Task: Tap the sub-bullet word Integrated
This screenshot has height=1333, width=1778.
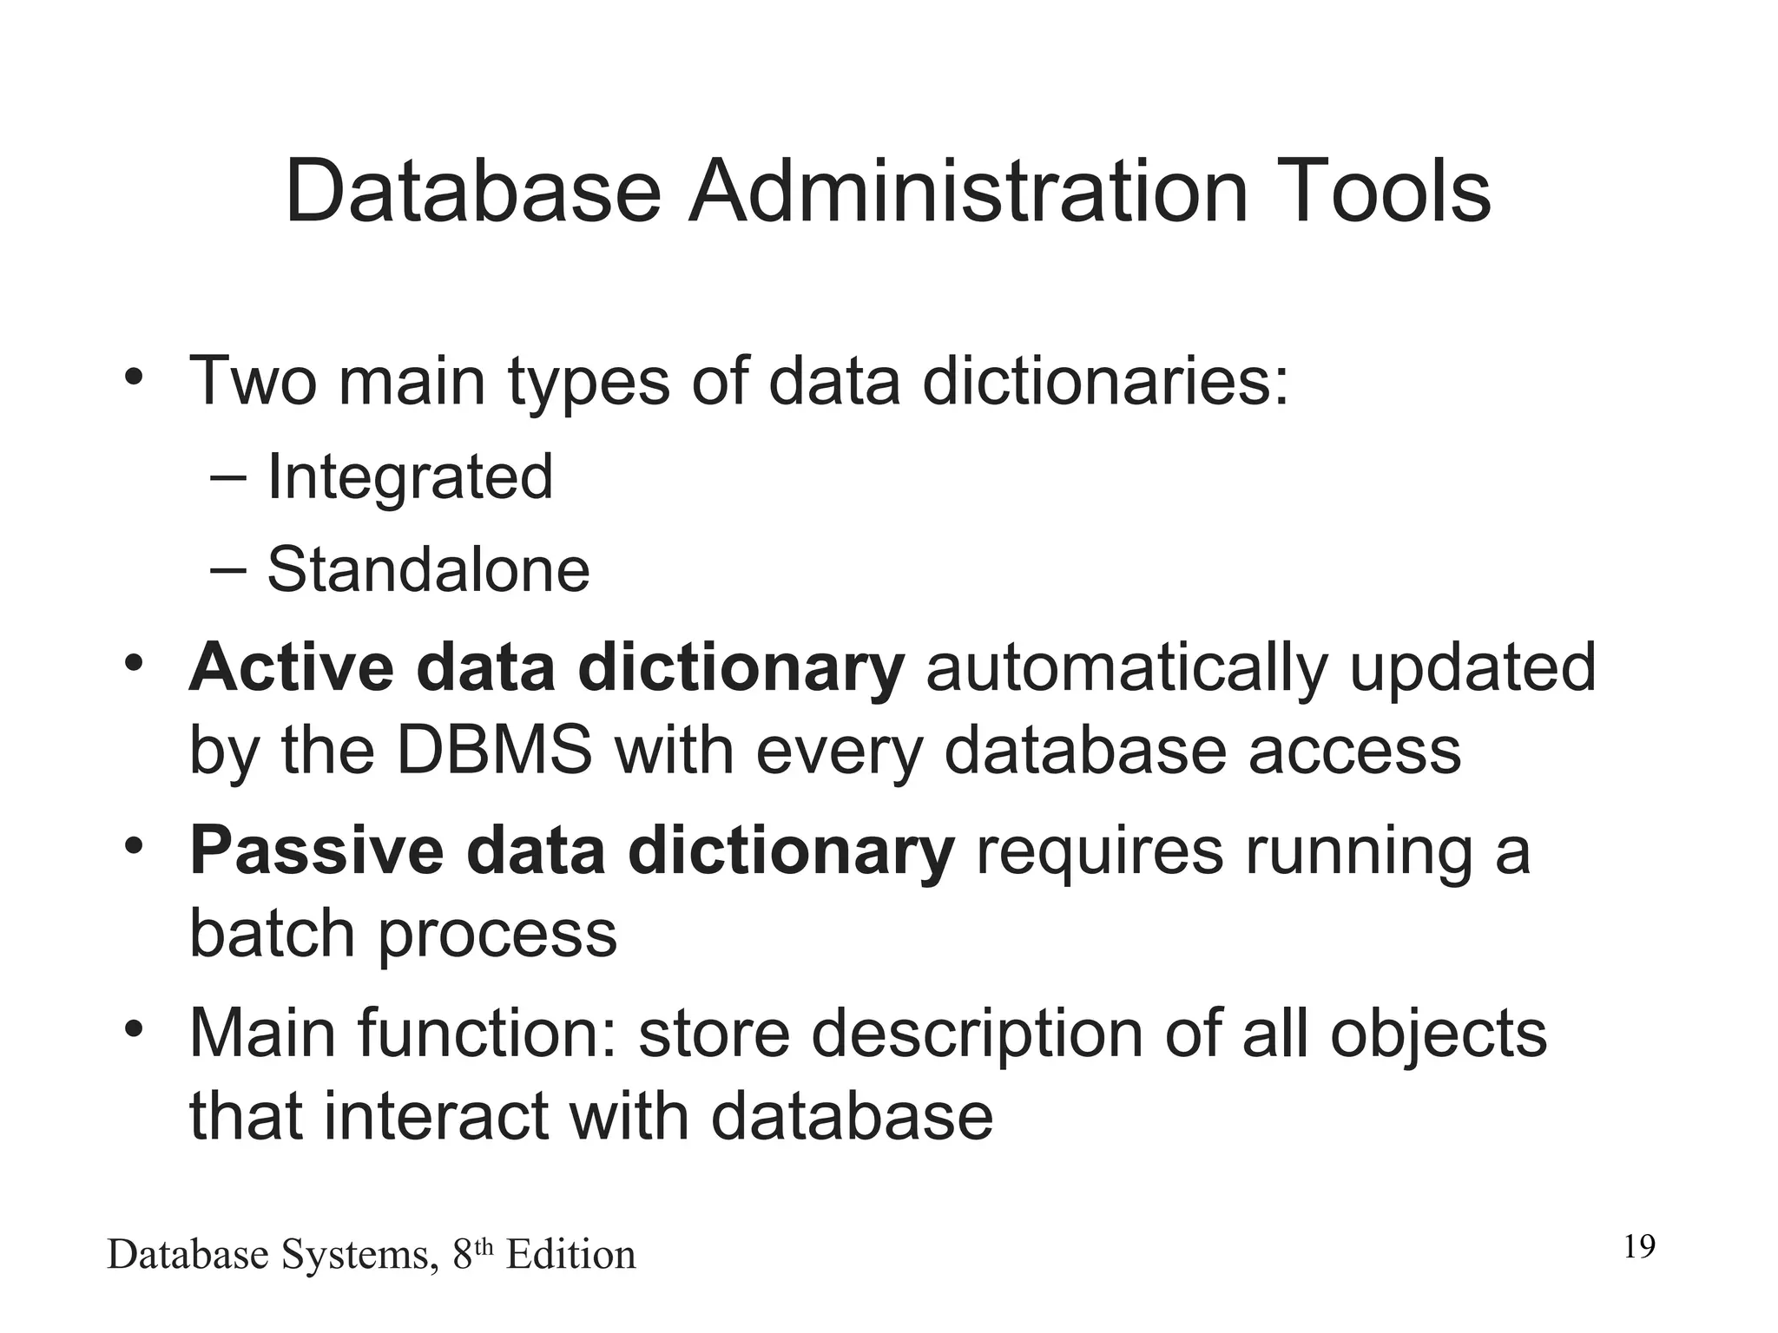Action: (410, 478)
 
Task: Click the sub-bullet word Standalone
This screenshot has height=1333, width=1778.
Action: (428, 570)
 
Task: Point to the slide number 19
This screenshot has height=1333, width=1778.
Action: (1639, 1247)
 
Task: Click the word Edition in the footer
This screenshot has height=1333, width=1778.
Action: (570, 1255)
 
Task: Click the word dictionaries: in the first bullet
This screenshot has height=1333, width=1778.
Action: (1105, 382)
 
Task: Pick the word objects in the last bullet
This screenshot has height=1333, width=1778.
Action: (1438, 1034)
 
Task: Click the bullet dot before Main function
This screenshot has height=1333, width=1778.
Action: (132, 1029)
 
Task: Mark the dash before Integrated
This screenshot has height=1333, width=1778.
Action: (227, 477)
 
